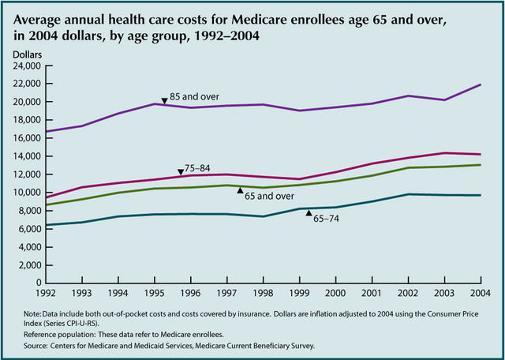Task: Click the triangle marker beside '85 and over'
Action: pos(164,100)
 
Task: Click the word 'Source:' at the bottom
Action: pos(38,345)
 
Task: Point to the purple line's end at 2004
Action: pos(481,84)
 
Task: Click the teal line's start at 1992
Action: pos(47,225)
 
